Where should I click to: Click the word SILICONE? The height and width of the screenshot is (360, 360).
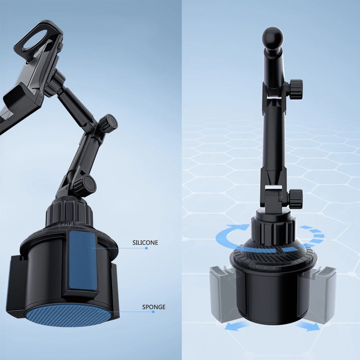click(x=145, y=243)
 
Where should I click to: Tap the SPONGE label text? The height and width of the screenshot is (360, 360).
click(x=154, y=307)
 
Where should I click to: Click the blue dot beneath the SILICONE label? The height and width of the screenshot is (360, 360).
click(x=146, y=248)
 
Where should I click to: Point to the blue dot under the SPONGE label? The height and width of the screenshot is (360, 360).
click(x=153, y=312)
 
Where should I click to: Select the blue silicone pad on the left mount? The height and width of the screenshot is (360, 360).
click(x=83, y=260)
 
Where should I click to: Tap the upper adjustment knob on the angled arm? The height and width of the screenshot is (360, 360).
click(x=108, y=123)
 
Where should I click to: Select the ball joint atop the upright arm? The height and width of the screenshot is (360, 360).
click(x=273, y=38)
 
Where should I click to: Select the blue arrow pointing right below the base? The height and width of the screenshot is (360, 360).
click(x=308, y=326)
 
